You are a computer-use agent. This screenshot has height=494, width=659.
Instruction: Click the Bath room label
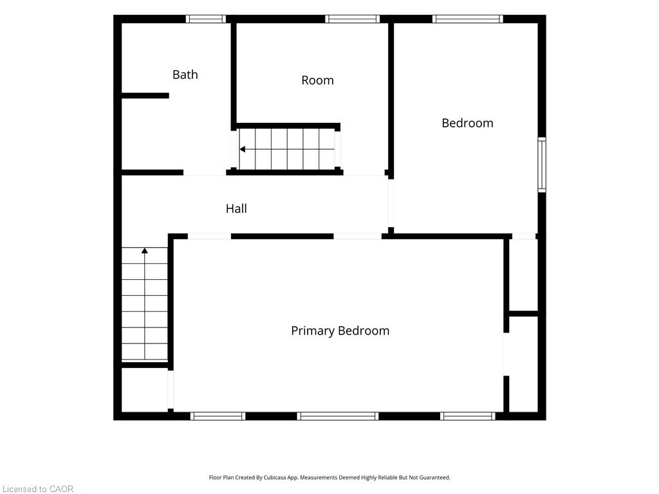185,75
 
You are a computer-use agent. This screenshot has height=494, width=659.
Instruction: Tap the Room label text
317,80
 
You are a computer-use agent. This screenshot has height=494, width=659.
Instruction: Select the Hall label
236,209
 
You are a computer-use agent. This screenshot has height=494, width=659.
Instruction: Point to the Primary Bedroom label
340,331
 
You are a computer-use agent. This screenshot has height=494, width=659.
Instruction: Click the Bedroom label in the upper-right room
467,123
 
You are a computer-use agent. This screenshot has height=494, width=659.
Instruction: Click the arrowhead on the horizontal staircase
242,149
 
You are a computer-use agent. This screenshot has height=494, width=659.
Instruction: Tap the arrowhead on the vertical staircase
145,250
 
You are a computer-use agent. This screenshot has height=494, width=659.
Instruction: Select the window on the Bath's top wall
206,19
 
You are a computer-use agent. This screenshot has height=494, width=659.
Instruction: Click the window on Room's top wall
352,19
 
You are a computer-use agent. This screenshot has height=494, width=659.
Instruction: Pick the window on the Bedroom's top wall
468,19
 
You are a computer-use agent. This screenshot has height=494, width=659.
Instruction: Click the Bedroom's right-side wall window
542,165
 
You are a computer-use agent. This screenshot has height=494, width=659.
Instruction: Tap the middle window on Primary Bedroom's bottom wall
338,416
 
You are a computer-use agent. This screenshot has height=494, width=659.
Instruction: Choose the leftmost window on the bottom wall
218,416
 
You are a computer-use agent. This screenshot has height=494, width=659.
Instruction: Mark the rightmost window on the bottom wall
468,416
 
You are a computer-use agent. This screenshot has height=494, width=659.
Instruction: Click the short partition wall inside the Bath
145,96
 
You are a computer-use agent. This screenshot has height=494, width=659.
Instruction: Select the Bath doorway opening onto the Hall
205,172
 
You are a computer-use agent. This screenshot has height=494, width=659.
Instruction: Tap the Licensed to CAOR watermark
38,489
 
